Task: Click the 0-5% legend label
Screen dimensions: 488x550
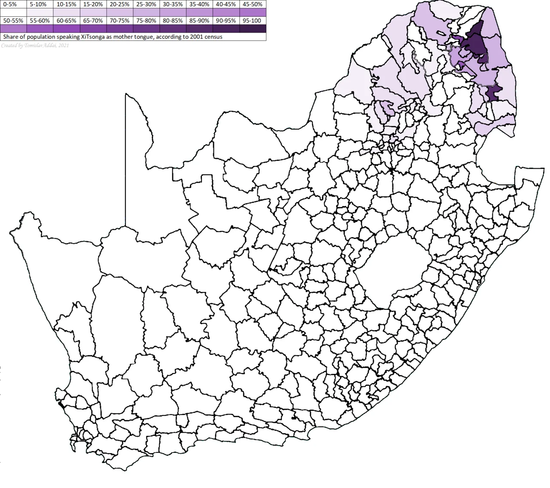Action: click(x=9, y=4)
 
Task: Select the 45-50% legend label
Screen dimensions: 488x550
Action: click(x=252, y=4)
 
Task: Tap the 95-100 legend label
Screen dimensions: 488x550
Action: click(x=252, y=20)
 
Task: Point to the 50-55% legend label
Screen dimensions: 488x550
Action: click(x=12, y=20)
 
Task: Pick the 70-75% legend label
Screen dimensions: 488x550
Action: click(x=119, y=20)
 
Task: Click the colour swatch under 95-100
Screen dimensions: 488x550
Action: click(x=252, y=28)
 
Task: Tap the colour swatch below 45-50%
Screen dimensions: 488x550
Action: click(x=252, y=12)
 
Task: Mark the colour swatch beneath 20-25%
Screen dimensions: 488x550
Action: click(x=119, y=12)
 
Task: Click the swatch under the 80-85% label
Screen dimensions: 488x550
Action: click(x=172, y=28)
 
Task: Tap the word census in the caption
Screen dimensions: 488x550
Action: click(x=214, y=37)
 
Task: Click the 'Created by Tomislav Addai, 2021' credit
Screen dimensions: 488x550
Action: click(x=34, y=45)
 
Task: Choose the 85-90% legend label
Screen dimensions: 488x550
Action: click(x=199, y=20)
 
